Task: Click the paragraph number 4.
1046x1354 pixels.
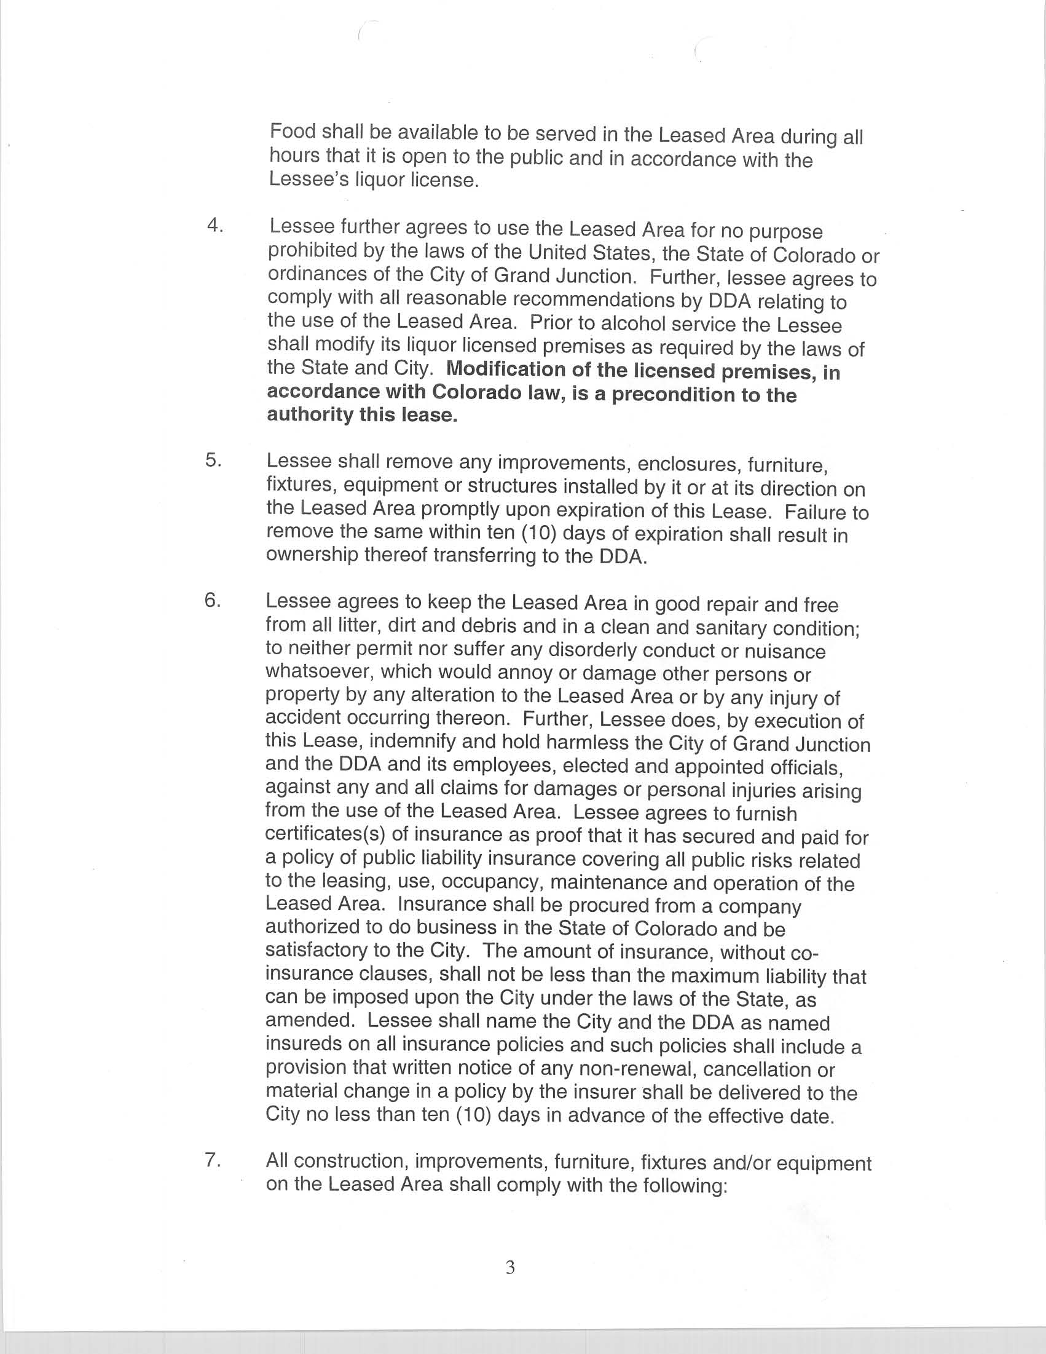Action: point(214,226)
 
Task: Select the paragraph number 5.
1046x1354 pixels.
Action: point(213,461)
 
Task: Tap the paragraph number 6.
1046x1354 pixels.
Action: point(213,601)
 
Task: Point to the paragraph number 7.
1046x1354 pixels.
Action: point(213,1160)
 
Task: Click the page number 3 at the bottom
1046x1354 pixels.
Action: point(510,1267)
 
